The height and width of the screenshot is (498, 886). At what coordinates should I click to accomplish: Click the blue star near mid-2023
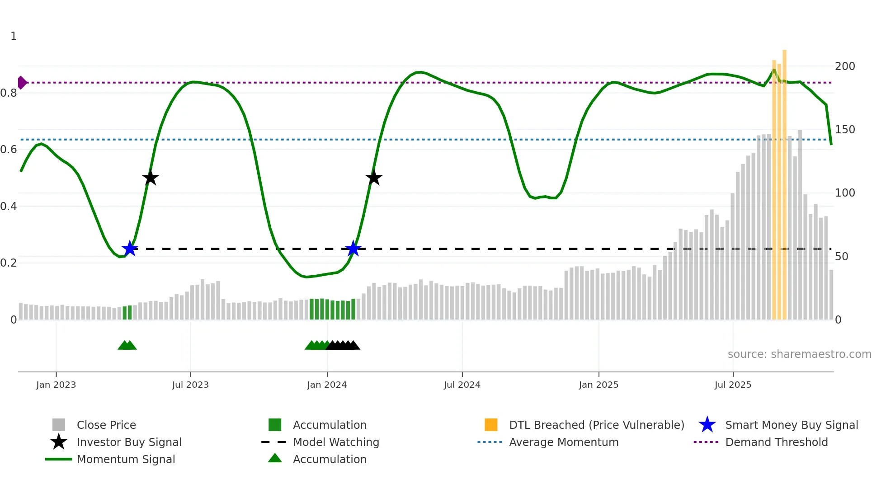[130, 249]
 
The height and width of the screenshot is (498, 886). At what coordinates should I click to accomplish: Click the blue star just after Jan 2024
[353, 249]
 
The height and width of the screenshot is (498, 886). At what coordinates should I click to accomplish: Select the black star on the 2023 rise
[151, 178]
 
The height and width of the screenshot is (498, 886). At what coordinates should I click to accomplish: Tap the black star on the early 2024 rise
[374, 178]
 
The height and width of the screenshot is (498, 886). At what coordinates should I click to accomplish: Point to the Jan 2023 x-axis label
[56, 385]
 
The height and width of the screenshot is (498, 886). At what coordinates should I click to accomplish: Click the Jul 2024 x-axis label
[462, 385]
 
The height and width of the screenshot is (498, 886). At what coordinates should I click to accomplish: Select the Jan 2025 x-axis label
[599, 385]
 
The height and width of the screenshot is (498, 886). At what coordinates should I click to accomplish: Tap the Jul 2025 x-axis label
[733, 385]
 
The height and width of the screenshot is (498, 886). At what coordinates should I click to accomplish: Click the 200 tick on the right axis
[845, 66]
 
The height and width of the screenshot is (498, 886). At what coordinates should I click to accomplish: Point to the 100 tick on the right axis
[845, 193]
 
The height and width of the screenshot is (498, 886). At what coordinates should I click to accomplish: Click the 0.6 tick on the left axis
[9, 150]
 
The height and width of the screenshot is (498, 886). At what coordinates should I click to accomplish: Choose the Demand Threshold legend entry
[776, 442]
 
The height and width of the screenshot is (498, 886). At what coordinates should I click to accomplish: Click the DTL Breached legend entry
[596, 425]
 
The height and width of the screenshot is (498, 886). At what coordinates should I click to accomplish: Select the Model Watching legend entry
[336, 442]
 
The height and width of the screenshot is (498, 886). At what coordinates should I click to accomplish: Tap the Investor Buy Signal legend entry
[129, 442]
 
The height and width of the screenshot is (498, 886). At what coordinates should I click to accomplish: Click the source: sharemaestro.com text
[799, 354]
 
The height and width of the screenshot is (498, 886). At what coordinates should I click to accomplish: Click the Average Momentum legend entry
[564, 442]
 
